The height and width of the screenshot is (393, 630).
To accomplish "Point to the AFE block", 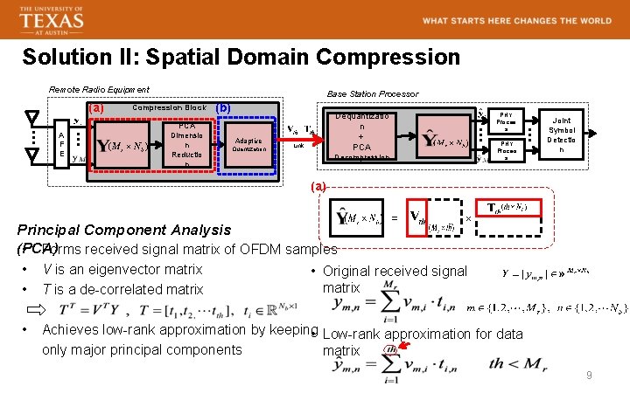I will (61, 143).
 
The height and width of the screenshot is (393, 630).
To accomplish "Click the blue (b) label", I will (222, 108).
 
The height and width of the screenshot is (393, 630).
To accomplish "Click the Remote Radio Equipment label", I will (99, 89).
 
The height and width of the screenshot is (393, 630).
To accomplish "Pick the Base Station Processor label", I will (373, 93).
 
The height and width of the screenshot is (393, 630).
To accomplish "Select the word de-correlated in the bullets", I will (110, 289).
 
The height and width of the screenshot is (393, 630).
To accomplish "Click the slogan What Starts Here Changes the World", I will (516, 20).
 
